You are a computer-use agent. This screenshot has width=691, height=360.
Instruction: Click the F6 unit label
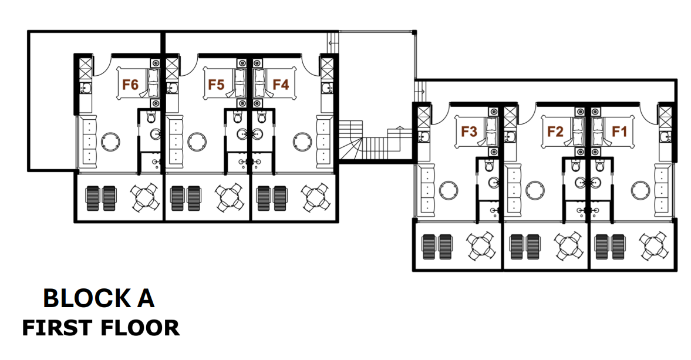[130, 84]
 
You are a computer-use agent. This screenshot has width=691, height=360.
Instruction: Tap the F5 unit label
[216, 84]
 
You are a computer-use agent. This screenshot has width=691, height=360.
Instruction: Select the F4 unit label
[281, 84]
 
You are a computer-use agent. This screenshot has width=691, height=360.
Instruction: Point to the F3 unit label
[469, 132]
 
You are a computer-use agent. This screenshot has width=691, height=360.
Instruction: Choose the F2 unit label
[555, 132]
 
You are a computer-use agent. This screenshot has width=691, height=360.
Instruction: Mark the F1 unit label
[619, 132]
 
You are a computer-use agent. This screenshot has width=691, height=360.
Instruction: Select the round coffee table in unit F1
[641, 190]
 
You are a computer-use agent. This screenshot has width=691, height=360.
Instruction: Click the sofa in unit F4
[324, 142]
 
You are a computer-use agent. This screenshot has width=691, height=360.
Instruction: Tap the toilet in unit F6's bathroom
[151, 117]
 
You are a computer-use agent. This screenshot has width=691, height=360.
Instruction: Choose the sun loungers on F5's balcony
[186, 198]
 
